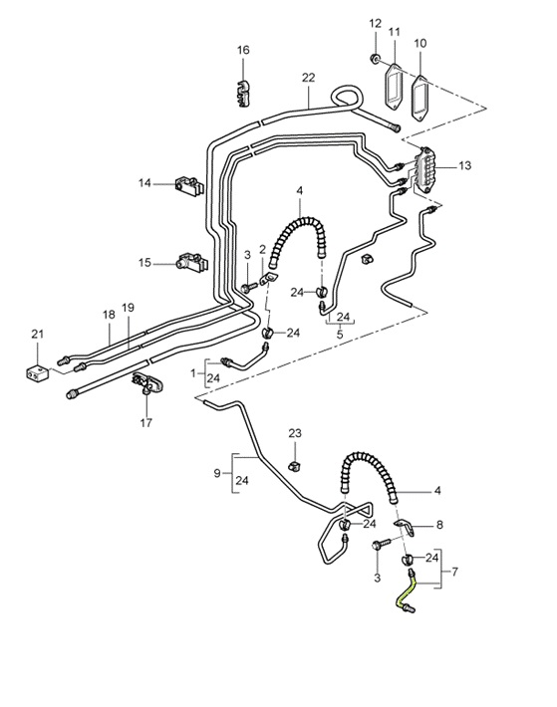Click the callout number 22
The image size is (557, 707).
click(308, 78)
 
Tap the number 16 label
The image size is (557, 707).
click(243, 50)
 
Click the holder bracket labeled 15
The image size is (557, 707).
click(189, 264)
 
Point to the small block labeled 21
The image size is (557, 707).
click(37, 373)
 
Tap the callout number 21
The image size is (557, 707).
click(37, 333)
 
